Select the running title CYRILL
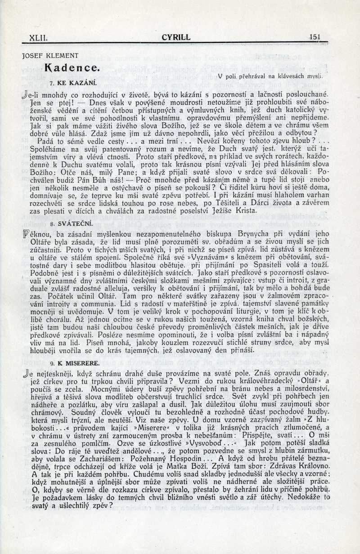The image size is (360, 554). [x=176, y=38]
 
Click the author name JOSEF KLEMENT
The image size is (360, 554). [x=50, y=56]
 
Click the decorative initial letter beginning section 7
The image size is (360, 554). [x=25, y=95]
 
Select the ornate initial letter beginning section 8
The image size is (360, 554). [x=25, y=234]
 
